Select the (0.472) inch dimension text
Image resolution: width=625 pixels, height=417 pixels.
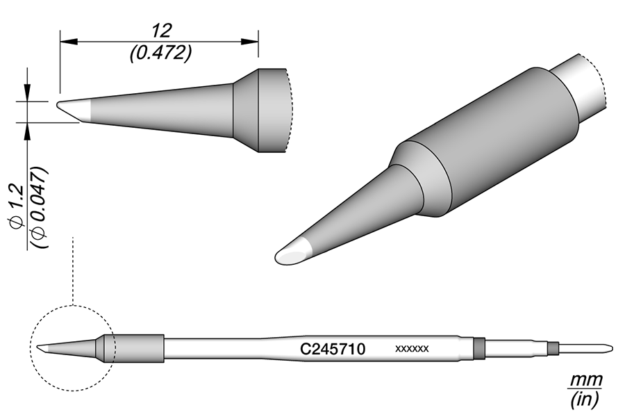coord(160,53)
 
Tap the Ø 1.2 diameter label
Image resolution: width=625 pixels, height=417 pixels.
coord(17,204)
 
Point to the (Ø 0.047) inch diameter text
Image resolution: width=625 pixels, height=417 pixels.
coord(41,208)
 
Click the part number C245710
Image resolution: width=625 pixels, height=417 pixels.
coord(333,349)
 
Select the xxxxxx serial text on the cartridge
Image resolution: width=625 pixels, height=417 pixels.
coord(412,349)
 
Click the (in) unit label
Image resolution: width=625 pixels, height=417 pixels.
coord(584,400)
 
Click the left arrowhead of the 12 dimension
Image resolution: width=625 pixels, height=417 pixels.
coord(68,41)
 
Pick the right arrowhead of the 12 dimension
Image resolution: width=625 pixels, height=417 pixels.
coord(250,41)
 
